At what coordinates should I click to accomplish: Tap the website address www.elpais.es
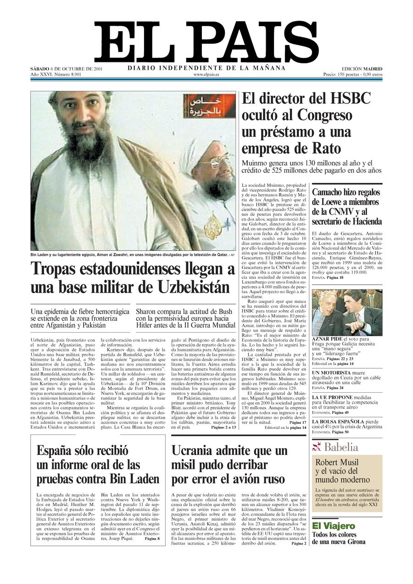[206, 74]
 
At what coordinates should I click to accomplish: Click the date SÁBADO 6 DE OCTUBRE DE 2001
[67, 69]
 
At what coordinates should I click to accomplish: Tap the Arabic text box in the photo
[208, 106]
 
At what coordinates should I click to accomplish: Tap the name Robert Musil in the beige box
[337, 462]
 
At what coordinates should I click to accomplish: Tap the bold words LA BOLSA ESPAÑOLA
[338, 421]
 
